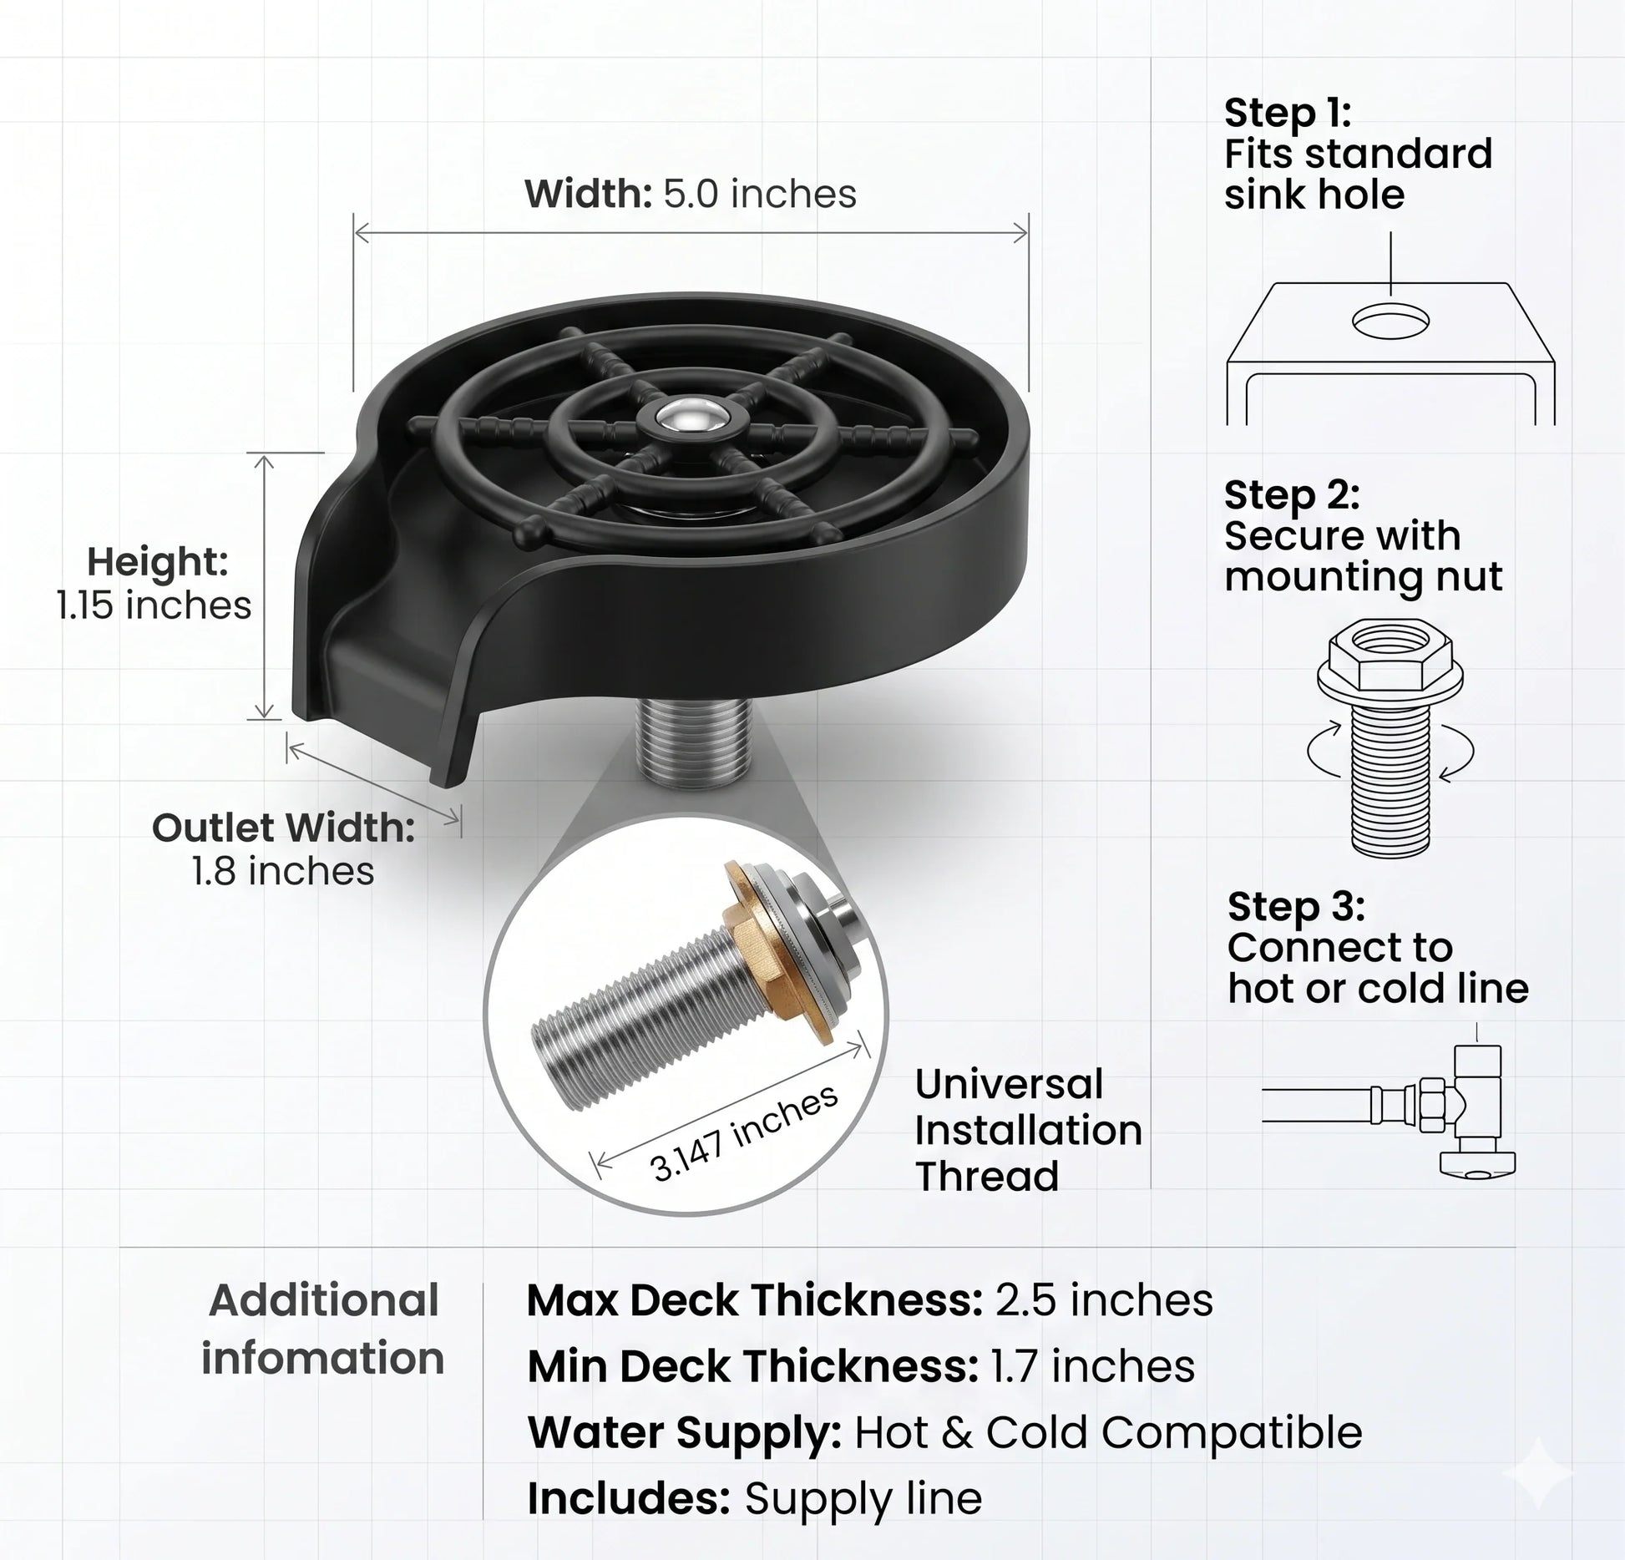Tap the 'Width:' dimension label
(x=588, y=194)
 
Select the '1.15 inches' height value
(x=154, y=605)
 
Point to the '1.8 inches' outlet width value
(x=283, y=871)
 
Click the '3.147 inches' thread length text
(x=744, y=1133)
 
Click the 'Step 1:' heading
(x=1288, y=113)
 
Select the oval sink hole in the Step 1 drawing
(x=1390, y=321)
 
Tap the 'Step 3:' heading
(x=1296, y=907)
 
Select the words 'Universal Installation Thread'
(x=1029, y=1130)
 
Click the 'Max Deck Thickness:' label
(x=755, y=1300)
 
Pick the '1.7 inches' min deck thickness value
(x=1093, y=1366)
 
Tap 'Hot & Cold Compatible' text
(x=1108, y=1432)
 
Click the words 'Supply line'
(x=863, y=1499)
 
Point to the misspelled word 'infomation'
(x=323, y=1358)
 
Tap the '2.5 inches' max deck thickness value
(x=1104, y=1300)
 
